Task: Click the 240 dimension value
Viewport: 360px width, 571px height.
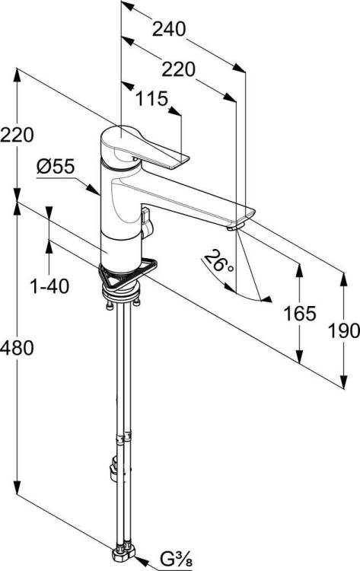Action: coord(169,29)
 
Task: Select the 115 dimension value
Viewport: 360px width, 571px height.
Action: coord(151,99)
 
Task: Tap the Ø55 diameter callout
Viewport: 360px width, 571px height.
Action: coord(56,167)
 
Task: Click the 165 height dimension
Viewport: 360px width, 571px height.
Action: coord(300,314)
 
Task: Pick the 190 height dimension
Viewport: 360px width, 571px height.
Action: coord(344,331)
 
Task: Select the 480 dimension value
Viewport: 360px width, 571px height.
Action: coord(17,348)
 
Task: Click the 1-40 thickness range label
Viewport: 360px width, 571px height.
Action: coord(49,286)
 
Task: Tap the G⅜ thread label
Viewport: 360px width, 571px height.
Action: coord(176,559)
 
